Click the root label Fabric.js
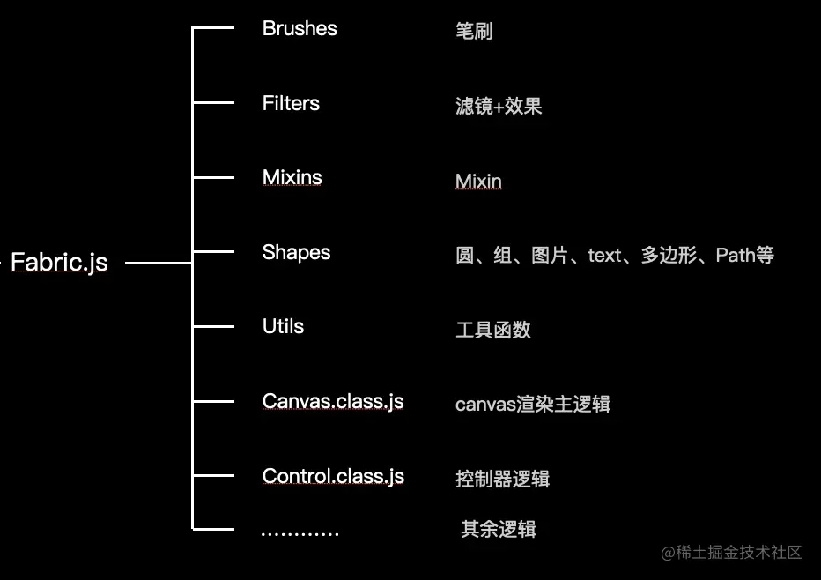click(x=59, y=262)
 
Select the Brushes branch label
click(x=300, y=28)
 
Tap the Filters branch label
click(x=291, y=103)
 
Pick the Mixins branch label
click(x=292, y=177)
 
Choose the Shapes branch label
click(x=296, y=252)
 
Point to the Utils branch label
click(x=283, y=326)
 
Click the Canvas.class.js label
click(x=333, y=401)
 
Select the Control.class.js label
click(x=333, y=476)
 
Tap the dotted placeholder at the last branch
click(x=300, y=532)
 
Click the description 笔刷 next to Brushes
click(x=474, y=32)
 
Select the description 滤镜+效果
click(x=499, y=107)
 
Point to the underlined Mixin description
click(x=478, y=182)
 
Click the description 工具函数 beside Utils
click(x=493, y=331)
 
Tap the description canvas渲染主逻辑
click(x=533, y=405)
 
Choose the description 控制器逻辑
click(x=503, y=480)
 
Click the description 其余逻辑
click(x=499, y=530)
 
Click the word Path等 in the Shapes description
click(x=744, y=256)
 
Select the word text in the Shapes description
click(x=604, y=256)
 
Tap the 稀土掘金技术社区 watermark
click(x=732, y=553)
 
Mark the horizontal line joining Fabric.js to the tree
click(x=159, y=263)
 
